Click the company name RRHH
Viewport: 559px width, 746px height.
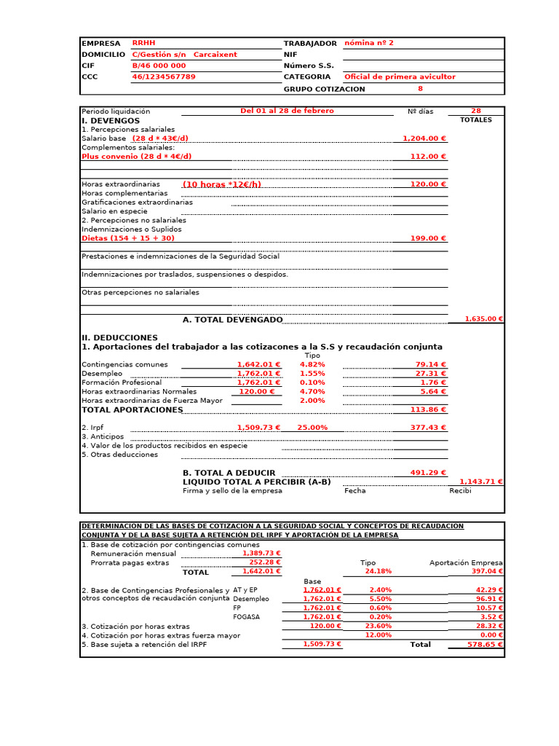(143, 43)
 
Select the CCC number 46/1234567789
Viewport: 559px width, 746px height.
(163, 76)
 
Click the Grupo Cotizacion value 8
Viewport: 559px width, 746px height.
(420, 89)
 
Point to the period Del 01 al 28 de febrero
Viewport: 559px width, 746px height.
(287, 111)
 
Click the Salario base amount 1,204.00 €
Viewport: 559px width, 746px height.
(424, 138)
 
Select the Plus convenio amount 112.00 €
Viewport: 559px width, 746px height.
(428, 157)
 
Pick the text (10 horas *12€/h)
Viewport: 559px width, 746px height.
(221, 184)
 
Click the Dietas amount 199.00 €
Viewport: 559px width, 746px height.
(428, 238)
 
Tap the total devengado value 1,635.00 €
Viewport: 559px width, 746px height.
(485, 319)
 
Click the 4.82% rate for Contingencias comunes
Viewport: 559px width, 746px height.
(312, 364)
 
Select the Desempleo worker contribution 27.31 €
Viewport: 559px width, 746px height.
(431, 373)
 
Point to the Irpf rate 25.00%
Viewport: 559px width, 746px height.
(312, 428)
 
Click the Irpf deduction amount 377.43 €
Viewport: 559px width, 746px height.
(428, 428)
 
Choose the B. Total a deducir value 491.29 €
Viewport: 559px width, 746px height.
(428, 473)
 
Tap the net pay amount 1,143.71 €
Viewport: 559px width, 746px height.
(481, 482)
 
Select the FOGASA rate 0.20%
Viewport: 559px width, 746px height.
(380, 617)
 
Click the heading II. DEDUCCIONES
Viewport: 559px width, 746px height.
(119, 338)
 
